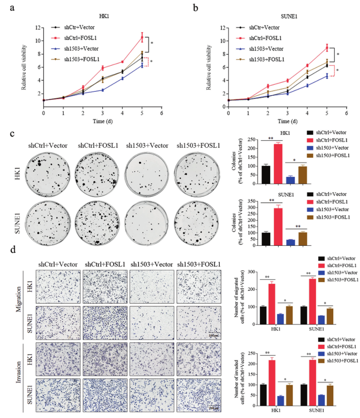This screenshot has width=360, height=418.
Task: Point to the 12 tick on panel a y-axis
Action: pos(39,28)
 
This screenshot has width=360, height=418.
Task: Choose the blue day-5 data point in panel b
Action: pos(327,76)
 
